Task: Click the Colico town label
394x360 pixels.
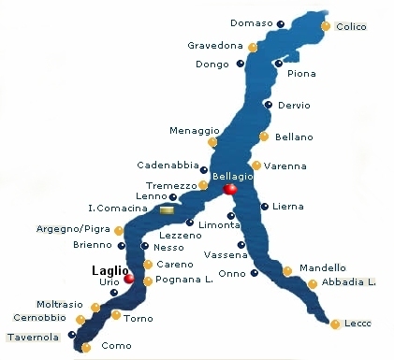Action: tap(352, 27)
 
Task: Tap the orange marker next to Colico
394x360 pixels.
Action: tap(326, 26)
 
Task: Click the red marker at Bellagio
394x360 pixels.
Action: tap(230, 190)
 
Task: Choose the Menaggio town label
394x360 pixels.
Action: tap(194, 130)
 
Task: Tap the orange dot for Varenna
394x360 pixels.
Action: tap(256, 166)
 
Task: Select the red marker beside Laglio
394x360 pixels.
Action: tap(129, 279)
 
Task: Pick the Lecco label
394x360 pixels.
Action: tap(358, 324)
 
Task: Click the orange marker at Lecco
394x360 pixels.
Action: tap(335, 324)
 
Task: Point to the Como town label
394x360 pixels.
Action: tap(117, 346)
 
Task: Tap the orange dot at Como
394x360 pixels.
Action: tap(86, 347)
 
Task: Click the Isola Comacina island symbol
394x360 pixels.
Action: tap(167, 210)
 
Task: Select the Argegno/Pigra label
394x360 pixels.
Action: tap(67, 228)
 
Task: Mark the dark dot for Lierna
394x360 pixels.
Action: tap(265, 207)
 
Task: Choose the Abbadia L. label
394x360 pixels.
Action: tap(347, 282)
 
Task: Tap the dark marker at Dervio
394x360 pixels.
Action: tap(269, 105)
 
